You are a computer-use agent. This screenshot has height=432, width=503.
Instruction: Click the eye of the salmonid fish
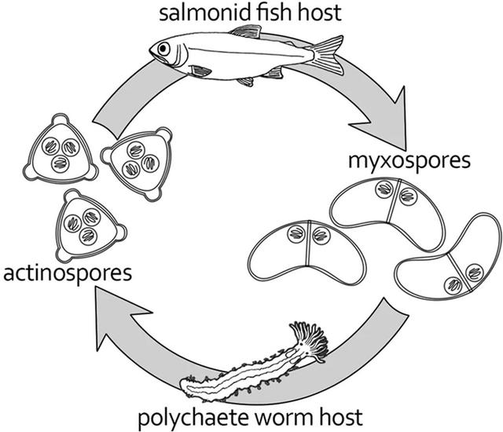tap(163, 48)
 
